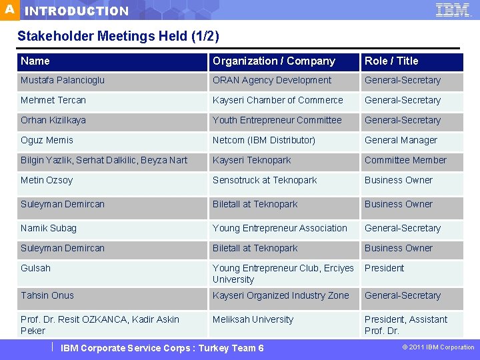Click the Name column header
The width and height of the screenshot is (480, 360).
[35, 61]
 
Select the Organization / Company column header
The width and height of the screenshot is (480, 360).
[273, 61]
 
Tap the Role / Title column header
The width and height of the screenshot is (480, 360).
[391, 61]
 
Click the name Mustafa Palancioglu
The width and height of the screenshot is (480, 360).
[63, 81]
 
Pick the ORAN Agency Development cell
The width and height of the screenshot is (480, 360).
[271, 81]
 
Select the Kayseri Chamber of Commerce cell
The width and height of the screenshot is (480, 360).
[277, 101]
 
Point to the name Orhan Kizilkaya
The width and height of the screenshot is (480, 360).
[53, 121]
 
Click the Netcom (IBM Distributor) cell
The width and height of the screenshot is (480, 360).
[263, 141]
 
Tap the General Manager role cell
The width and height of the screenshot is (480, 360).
[401, 141]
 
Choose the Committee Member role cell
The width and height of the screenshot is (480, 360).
[405, 161]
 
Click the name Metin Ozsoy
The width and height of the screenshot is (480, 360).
[47, 181]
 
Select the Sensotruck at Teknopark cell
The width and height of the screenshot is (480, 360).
[265, 181]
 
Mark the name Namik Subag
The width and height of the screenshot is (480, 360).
[49, 229]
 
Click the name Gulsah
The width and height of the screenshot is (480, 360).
[35, 269]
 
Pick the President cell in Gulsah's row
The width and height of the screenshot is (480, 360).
[384, 269]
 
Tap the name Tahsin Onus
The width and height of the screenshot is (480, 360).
[47, 296]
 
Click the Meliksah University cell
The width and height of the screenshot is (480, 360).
[253, 320]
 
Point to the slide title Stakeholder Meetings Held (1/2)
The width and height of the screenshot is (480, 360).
[118, 36]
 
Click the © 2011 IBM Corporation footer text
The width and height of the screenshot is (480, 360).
[438, 347]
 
